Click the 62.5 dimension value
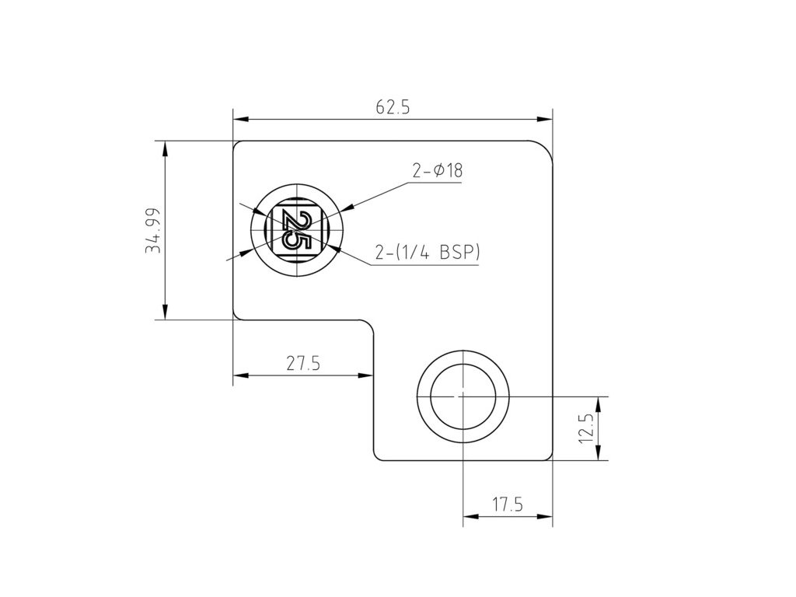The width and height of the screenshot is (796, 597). [393, 107]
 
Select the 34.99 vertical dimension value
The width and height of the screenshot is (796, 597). [153, 230]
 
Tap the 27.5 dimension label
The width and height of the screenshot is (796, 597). [303, 364]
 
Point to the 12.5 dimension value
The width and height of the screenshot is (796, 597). [586, 428]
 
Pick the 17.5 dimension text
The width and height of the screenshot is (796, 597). [508, 504]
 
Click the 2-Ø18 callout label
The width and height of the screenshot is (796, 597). [438, 171]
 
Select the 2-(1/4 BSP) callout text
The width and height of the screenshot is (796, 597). [427, 253]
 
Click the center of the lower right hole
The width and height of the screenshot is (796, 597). [463, 396]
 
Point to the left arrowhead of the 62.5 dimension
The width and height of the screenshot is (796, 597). [240, 119]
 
